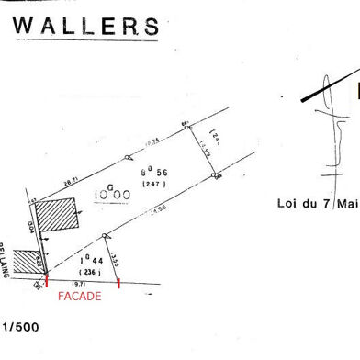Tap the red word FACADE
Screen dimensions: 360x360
coord(79,297)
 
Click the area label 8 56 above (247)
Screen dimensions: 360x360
coord(152,174)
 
